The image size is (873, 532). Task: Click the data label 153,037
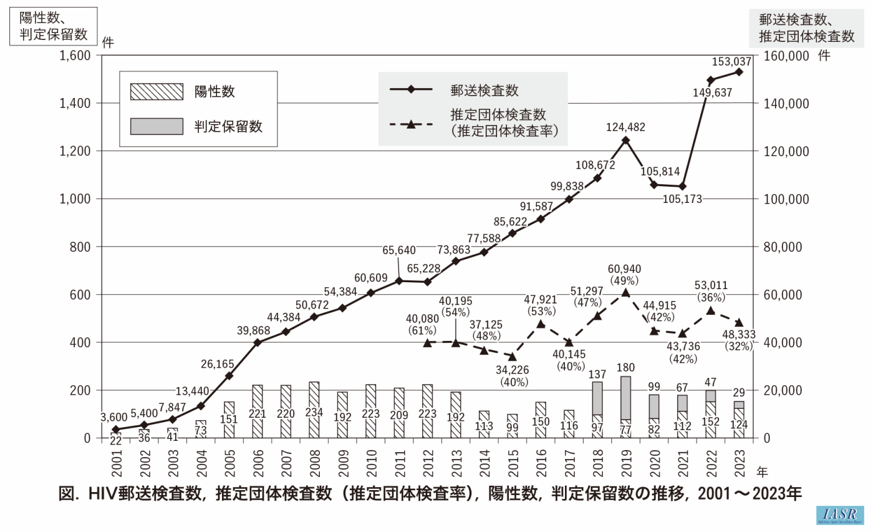pos(731,62)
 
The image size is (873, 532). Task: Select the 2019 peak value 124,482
pos(625,127)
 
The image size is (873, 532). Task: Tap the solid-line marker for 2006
pos(258,342)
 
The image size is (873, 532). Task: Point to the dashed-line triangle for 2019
pos(625,292)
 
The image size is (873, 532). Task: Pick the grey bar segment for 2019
pos(625,398)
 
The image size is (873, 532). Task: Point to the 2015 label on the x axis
pos(512,462)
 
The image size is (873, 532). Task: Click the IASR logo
pos(839,515)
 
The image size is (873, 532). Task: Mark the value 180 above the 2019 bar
pos(625,368)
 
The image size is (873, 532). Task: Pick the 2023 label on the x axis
pos(739,462)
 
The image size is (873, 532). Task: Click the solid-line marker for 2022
pos(710,80)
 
